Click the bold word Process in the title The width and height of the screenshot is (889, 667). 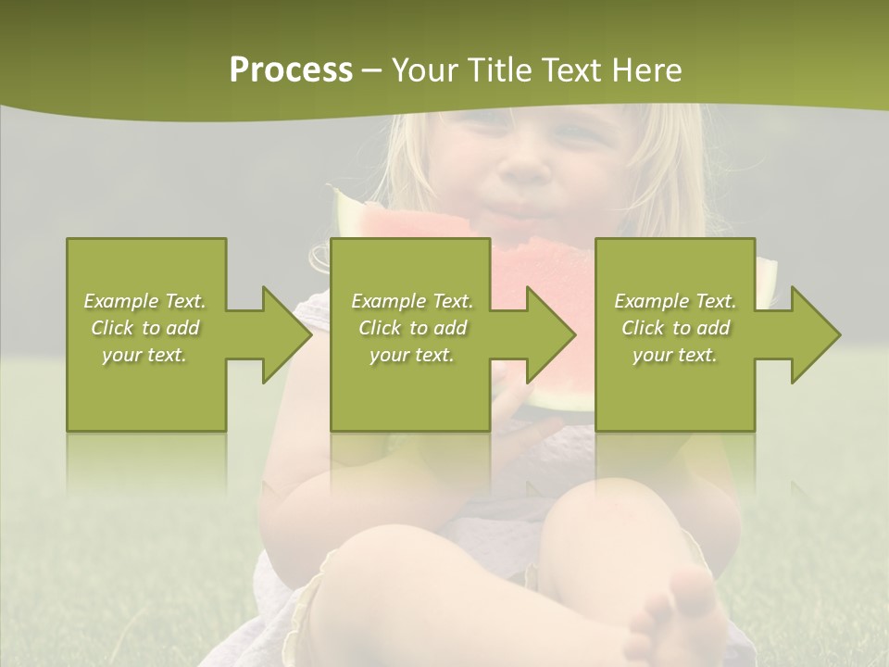291,70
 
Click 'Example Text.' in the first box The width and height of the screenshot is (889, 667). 144,301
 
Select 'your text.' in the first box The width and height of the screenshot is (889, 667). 144,355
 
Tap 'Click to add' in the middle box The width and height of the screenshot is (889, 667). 412,328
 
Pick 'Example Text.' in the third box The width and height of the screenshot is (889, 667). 675,301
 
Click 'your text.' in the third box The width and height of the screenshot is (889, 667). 675,355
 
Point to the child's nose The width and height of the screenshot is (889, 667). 526,167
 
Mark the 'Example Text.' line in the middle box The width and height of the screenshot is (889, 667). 412,301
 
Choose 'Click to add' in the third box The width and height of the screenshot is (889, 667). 675,328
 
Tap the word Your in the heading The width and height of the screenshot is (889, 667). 425,70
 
